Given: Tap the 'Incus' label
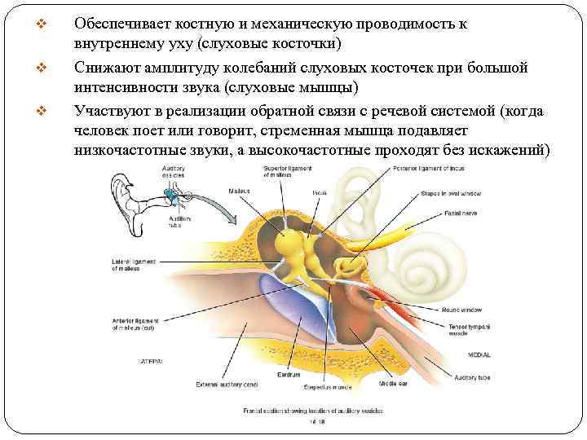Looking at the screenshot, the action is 320,192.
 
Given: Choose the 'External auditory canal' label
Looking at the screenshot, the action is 223,383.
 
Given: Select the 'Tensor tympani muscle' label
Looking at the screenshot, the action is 467,329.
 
